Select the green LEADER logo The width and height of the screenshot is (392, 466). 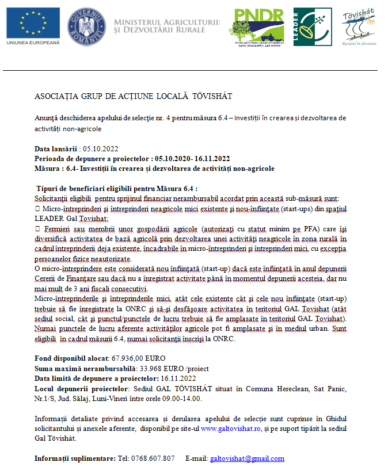(x=312, y=26)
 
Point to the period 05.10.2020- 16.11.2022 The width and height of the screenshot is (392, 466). (x=192, y=158)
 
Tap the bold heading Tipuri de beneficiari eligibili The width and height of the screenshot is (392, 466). (x=117, y=188)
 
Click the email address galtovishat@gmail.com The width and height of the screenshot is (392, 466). (x=247, y=459)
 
